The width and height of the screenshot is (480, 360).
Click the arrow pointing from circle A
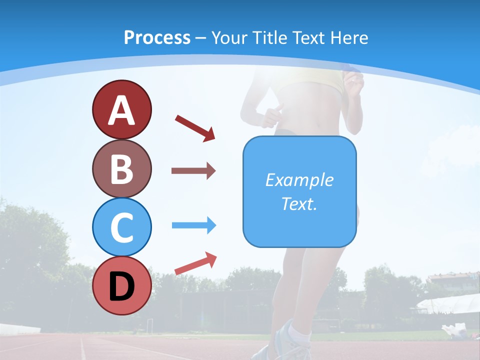pos(195,128)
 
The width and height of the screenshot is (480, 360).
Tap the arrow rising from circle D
pos(195,264)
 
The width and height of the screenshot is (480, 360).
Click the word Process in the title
pos(157,37)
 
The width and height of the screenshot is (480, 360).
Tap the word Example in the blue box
pos(299,180)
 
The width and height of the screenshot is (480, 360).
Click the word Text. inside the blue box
pos(299,204)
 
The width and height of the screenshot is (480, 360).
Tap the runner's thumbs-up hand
pos(272,115)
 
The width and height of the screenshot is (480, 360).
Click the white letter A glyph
pos(121,111)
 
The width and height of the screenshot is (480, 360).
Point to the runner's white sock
pos(300,332)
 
